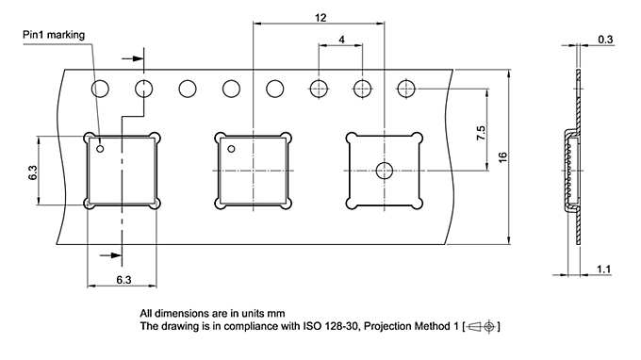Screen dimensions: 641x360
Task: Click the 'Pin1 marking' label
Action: click(54, 35)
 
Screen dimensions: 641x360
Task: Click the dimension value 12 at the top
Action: click(320, 18)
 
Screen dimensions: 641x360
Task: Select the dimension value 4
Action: click(341, 40)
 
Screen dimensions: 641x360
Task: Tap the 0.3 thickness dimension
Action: click(605, 40)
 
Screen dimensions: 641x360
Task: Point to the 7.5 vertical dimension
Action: click(481, 133)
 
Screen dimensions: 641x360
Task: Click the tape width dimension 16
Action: click(502, 157)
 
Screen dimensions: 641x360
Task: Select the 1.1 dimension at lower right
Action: click(603, 270)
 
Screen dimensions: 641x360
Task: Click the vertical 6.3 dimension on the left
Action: click(33, 172)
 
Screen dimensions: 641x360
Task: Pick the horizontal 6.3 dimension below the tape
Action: click(123, 280)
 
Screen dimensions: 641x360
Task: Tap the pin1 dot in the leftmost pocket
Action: click(100, 149)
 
